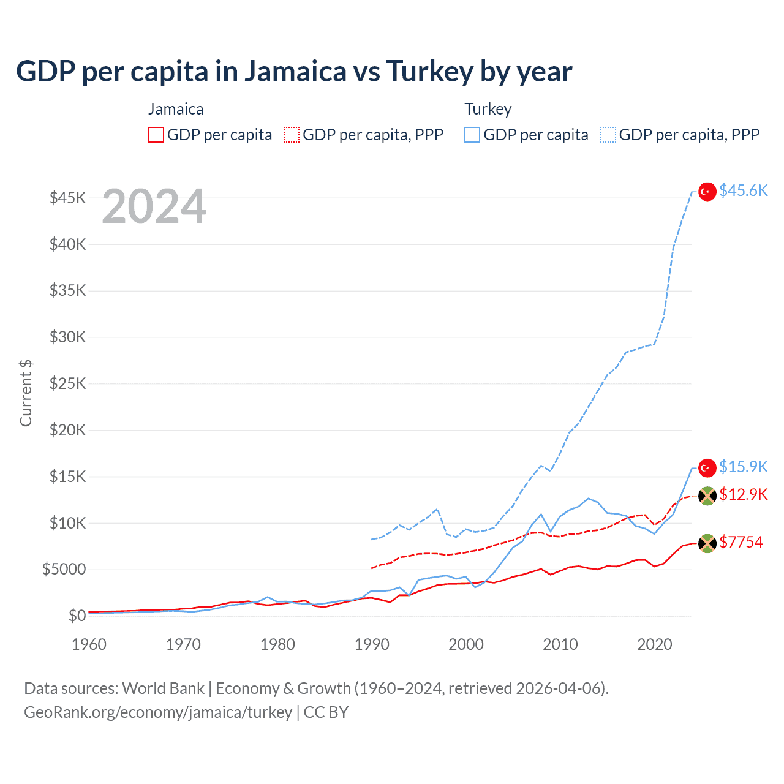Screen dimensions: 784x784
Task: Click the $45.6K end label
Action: click(x=743, y=190)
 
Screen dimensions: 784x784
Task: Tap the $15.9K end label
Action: click(x=743, y=467)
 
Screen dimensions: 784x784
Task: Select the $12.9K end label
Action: click(x=743, y=494)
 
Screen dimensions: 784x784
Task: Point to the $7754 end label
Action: click(x=741, y=542)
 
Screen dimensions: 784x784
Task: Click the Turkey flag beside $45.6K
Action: click(x=707, y=192)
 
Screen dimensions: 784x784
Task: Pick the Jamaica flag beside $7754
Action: click(x=707, y=543)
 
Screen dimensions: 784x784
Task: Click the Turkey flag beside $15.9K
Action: click(x=707, y=468)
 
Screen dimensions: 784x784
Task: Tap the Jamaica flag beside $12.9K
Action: click(x=707, y=496)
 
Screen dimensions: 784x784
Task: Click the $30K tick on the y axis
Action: click(x=68, y=337)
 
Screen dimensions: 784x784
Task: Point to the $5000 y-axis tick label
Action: click(x=64, y=569)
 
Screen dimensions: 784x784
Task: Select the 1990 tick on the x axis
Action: click(x=372, y=644)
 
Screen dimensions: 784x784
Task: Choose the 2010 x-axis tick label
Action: click(x=560, y=644)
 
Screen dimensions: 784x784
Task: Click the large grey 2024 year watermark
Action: click(x=154, y=206)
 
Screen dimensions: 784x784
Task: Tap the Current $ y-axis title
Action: click(x=26, y=393)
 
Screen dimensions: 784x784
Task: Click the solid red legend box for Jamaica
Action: click(x=156, y=135)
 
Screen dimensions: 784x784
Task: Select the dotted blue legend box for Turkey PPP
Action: click(x=608, y=135)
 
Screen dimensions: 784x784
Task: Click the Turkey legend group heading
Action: click(x=488, y=109)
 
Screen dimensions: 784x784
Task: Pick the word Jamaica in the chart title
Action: click(x=296, y=72)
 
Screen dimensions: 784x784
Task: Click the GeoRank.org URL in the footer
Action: click(x=158, y=712)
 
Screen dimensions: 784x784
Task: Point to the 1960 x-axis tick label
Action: click(x=89, y=644)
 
